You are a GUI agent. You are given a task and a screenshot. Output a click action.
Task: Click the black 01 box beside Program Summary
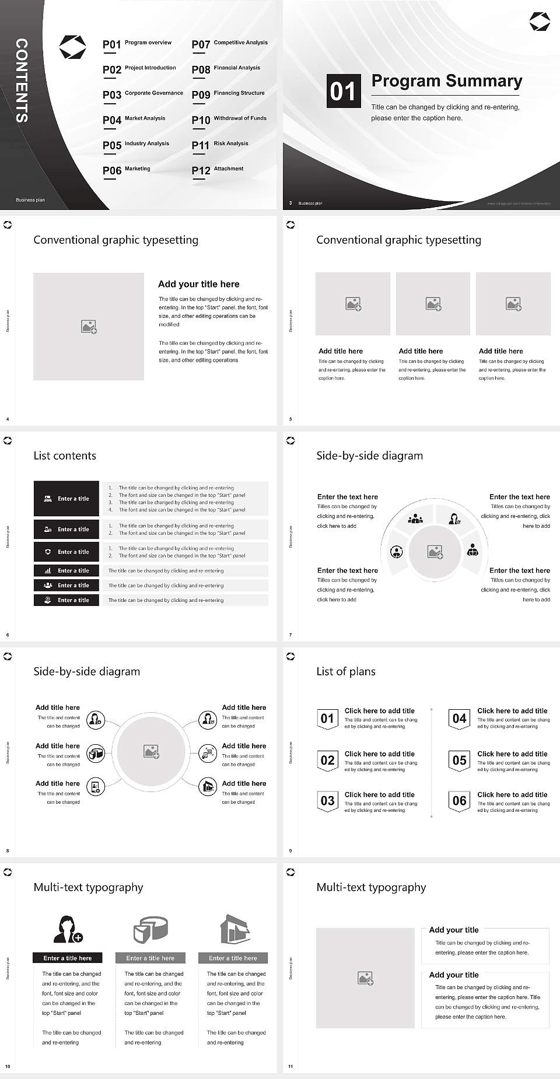343,91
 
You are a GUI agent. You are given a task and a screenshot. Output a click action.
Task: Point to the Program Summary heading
446,81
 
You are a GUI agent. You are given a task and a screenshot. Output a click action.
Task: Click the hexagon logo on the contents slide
72,47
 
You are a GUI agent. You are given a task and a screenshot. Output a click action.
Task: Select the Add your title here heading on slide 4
198,284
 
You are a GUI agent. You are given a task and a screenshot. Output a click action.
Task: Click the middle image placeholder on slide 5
433,304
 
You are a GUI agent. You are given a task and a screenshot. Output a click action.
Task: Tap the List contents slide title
65,456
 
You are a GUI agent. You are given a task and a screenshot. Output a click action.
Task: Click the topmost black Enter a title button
66,499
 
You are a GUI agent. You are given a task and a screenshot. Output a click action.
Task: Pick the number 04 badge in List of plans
460,719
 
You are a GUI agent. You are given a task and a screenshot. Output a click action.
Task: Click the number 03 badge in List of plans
327,801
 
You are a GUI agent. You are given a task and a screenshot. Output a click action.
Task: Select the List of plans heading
346,671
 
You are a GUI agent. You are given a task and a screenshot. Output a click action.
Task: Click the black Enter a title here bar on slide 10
67,958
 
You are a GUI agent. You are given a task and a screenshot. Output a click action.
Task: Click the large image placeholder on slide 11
365,978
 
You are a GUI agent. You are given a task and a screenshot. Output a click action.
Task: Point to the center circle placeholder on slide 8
152,752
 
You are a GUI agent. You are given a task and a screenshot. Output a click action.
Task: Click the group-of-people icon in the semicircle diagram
415,518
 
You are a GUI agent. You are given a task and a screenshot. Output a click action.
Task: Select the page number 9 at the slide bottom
290,850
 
